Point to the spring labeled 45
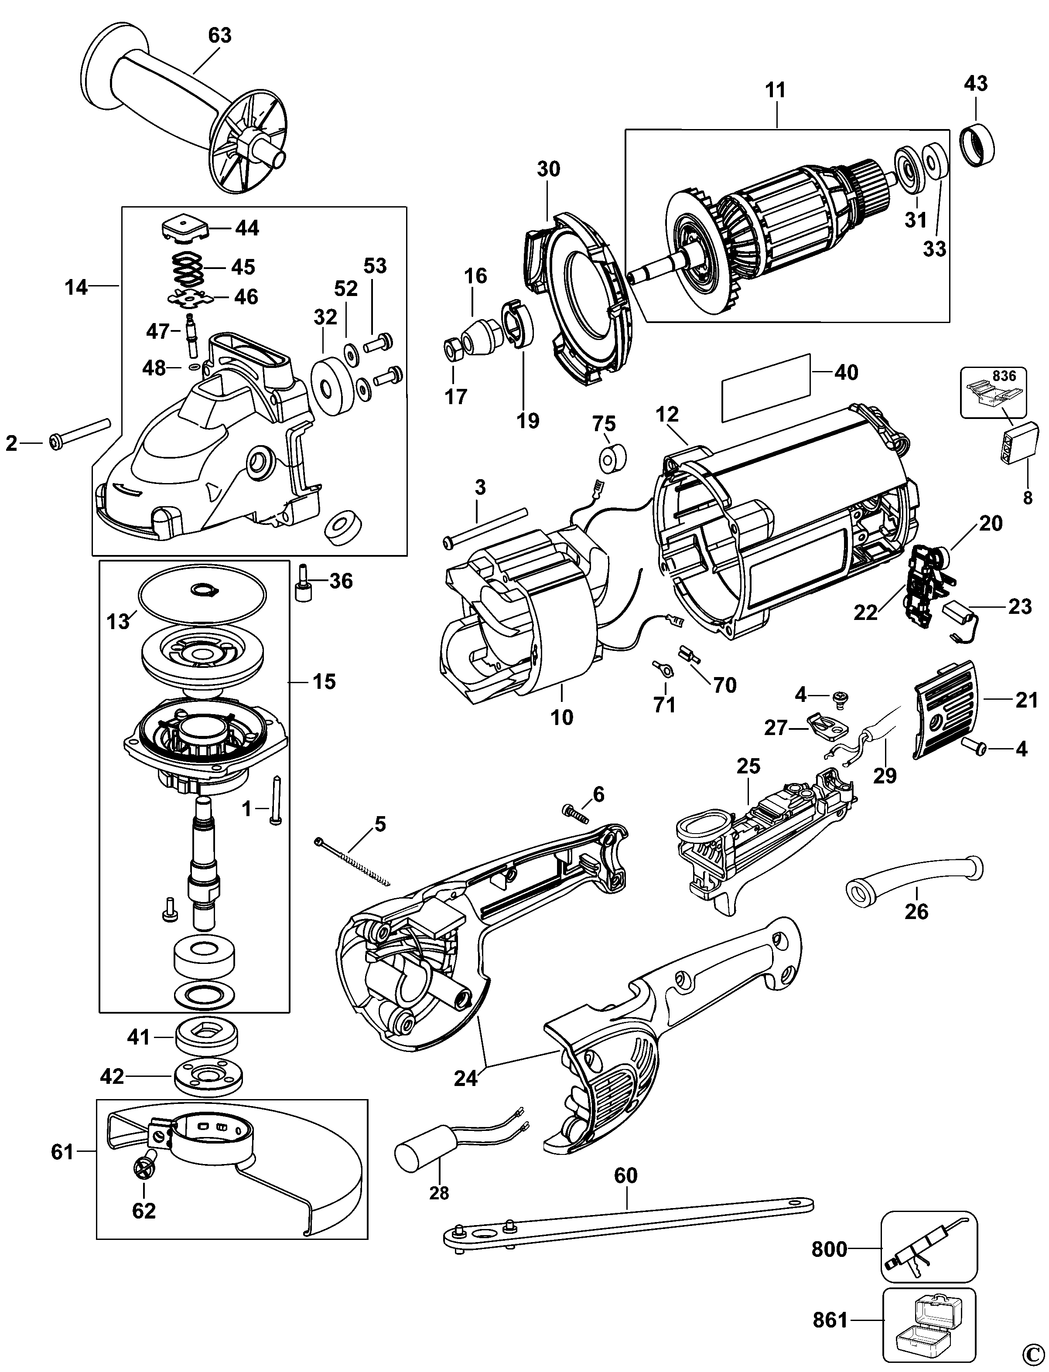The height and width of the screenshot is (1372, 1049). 187,267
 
